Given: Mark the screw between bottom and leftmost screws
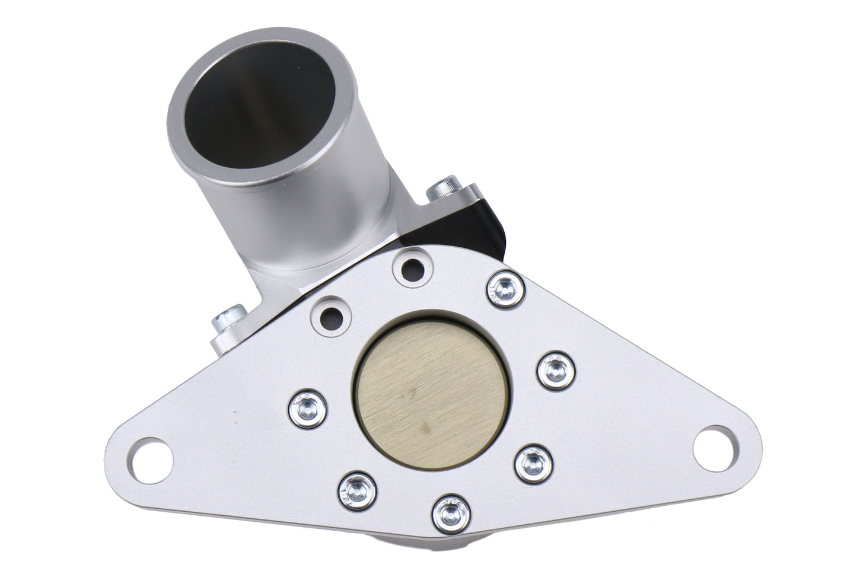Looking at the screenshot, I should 359,488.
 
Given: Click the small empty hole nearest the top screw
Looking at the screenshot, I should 412,270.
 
